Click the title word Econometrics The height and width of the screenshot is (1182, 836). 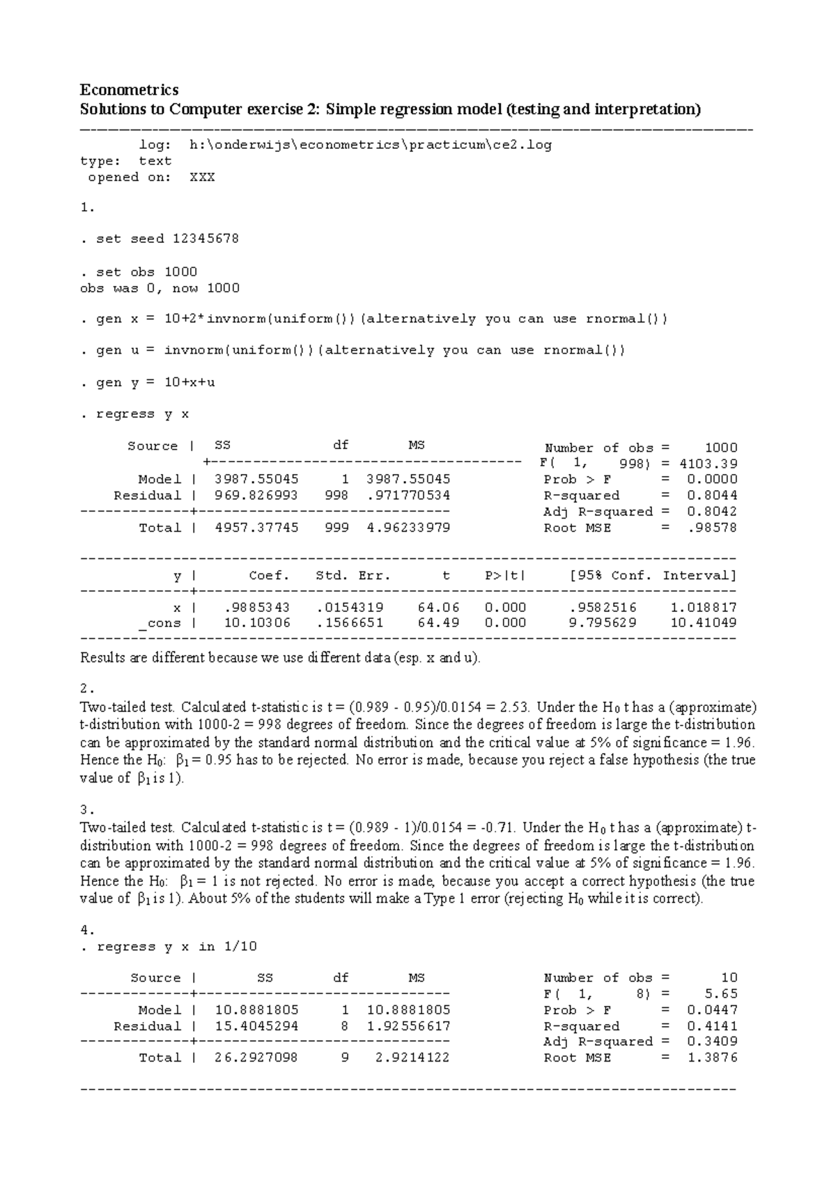(x=129, y=90)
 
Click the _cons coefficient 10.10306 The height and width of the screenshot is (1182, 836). (x=257, y=623)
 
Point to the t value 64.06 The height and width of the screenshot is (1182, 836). (x=438, y=607)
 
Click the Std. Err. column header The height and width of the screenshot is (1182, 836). (x=353, y=576)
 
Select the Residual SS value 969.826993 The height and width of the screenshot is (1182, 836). (x=256, y=496)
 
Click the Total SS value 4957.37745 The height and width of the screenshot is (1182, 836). (x=256, y=528)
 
